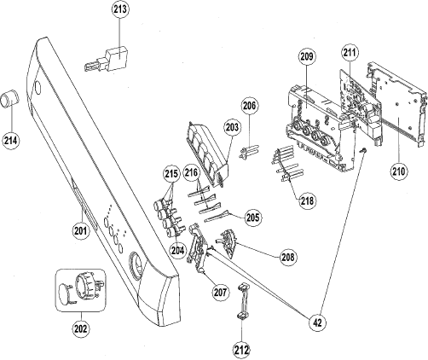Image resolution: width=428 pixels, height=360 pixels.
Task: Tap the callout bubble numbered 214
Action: pos(11,140)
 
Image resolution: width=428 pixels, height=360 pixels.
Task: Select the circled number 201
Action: pos(80,230)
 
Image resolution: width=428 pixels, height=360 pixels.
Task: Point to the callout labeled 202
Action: pos(80,328)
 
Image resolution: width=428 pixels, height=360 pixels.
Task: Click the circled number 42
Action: pos(317,322)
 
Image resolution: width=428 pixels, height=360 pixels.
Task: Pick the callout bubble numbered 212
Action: pos(241,349)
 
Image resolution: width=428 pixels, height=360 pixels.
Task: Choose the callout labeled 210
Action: pos(398,171)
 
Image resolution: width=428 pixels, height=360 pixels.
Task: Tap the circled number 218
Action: pos(308,200)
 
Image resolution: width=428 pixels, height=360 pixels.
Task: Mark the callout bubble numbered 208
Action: pos(288,257)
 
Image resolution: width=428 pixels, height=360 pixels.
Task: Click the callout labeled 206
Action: pos(249,106)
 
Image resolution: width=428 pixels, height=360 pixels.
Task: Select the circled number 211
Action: pos(350,53)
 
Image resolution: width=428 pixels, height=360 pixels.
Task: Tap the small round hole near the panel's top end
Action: pos(38,88)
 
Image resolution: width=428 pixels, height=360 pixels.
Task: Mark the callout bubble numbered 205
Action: pos(252,218)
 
